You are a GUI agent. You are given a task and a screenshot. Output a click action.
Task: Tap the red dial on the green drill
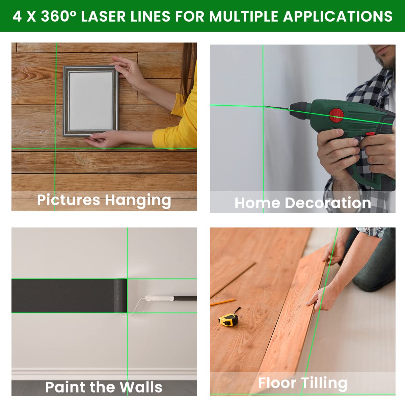click(336, 115)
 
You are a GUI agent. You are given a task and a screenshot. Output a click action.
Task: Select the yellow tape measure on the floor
click(228, 319)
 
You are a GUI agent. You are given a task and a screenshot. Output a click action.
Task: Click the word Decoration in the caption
click(328, 203)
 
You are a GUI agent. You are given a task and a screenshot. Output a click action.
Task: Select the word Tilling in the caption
click(324, 383)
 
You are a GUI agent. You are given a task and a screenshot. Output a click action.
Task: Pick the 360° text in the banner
click(59, 16)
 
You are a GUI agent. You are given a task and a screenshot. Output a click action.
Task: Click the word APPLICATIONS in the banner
click(337, 16)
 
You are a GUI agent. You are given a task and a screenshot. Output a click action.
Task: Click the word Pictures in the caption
click(69, 200)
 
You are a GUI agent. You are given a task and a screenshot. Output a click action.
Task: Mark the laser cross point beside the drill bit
click(263, 106)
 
